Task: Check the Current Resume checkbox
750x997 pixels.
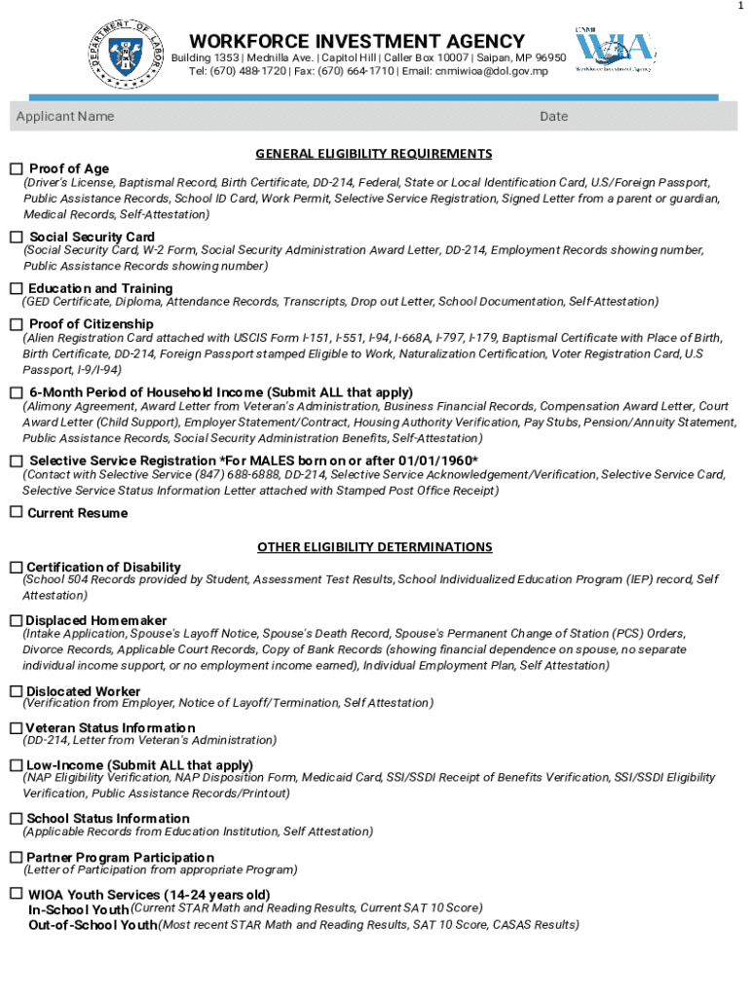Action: coord(16,512)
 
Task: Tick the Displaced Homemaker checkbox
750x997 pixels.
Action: coord(16,620)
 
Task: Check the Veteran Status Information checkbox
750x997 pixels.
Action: coord(16,727)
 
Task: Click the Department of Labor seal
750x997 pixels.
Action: coord(123,55)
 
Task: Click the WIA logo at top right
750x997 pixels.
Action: coord(613,51)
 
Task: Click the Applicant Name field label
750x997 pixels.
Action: coord(65,117)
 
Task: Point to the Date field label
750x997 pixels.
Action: coord(553,117)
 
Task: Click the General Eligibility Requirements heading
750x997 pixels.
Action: coord(374,154)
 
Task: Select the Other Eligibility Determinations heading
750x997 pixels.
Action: coord(374,547)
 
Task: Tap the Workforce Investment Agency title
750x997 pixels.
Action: coord(356,41)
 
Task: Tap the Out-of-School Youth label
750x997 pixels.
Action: coord(93,925)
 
